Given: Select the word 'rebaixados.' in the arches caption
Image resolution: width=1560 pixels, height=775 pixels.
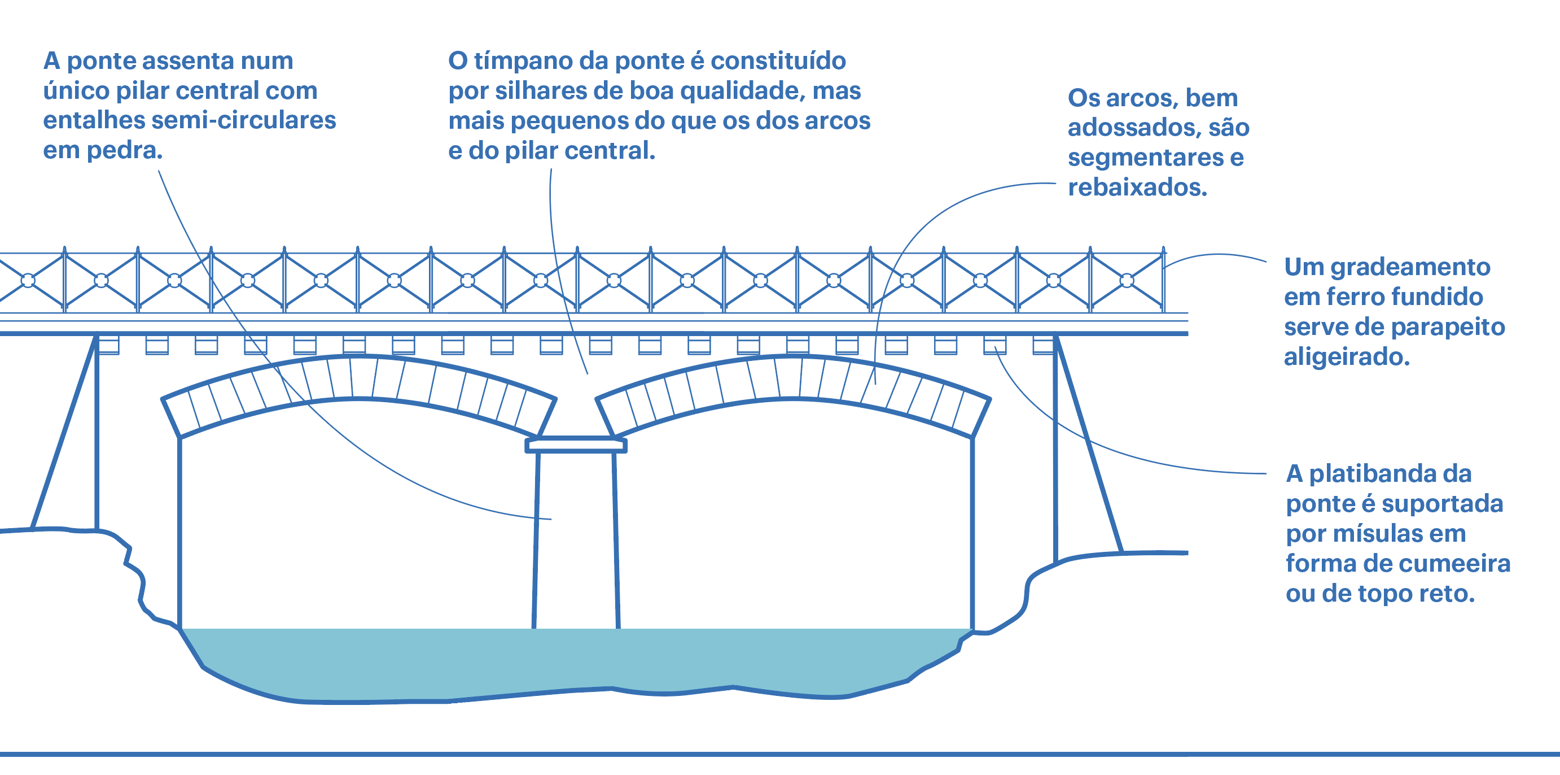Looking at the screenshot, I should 1137,187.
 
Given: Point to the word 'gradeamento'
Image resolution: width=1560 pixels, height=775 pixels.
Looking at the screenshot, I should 1410,267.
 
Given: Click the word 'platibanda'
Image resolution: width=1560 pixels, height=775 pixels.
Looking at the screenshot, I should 1391,474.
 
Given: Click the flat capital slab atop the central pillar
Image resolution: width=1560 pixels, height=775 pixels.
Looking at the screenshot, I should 575,445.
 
